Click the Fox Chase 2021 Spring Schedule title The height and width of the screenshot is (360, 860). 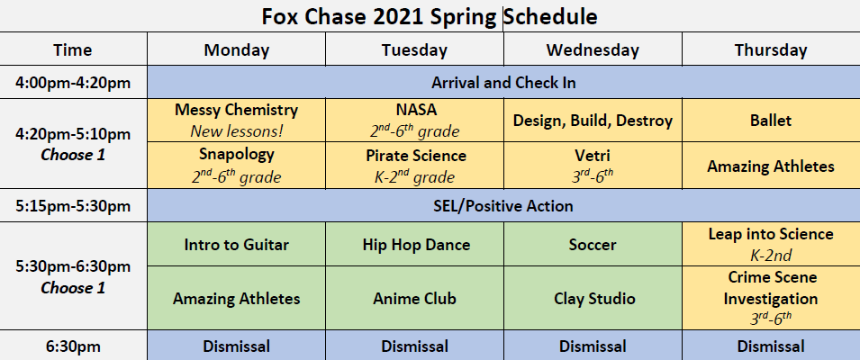[x=429, y=16]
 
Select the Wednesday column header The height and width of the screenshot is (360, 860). [x=593, y=49]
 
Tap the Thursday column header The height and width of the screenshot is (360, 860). [x=771, y=49]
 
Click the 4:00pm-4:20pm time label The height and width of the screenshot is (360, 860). [x=73, y=84]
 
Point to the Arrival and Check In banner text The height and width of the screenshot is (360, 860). [x=503, y=84]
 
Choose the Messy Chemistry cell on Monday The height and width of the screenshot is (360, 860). [x=237, y=120]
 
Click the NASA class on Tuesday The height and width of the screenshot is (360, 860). [x=414, y=120]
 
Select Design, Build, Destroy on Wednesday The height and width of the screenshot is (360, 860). [x=593, y=120]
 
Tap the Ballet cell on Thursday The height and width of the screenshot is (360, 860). [x=771, y=120]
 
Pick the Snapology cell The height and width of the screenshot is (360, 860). [x=237, y=166]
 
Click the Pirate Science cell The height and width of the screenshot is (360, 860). [x=414, y=166]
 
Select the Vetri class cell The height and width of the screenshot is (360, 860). [x=593, y=166]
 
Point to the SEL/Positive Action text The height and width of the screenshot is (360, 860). [x=503, y=206]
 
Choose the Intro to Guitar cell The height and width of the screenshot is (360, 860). [x=237, y=245]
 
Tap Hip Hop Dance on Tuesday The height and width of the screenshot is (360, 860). [x=414, y=245]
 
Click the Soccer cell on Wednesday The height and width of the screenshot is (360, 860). [x=593, y=245]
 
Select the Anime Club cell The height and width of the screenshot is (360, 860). [x=414, y=299]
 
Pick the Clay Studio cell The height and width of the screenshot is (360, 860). [x=593, y=299]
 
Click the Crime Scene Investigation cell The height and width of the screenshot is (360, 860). [x=771, y=299]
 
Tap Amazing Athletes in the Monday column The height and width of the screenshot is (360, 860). [x=237, y=299]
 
